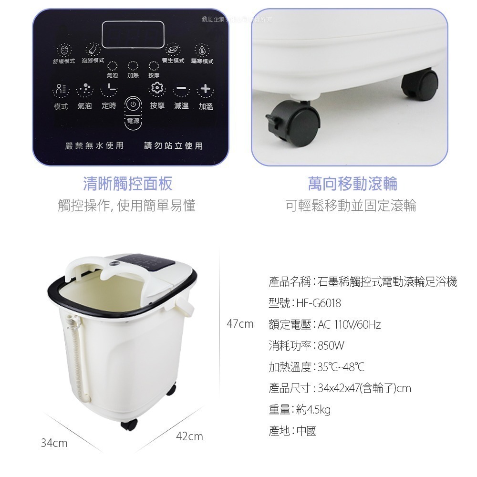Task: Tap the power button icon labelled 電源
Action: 134,104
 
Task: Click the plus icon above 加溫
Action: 206,89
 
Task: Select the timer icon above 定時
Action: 109,89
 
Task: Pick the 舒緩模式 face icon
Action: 63,50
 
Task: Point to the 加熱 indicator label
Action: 133,76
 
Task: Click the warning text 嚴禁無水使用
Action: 94,145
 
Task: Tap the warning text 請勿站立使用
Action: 174,145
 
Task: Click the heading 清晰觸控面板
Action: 127,184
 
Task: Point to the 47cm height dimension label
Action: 240,324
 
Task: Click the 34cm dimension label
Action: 54,443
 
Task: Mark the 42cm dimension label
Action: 189,436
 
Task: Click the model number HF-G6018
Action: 319,303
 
